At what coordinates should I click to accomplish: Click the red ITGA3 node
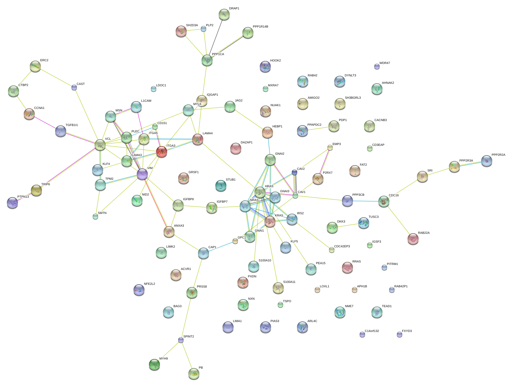tap(162, 152)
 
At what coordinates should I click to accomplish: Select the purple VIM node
tap(142, 174)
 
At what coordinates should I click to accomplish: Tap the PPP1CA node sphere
tap(207, 60)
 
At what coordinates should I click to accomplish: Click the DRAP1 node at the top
tap(224, 14)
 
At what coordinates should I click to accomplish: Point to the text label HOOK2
tap(275, 61)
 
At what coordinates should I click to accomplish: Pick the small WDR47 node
tap(377, 66)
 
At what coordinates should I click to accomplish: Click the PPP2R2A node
tap(487, 161)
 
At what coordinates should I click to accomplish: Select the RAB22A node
tap(413, 239)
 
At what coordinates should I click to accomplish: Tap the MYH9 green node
tap(154, 364)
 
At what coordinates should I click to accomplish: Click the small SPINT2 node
tap(181, 340)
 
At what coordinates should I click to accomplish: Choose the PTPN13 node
tap(12, 203)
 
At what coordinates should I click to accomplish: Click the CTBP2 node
tap(14, 91)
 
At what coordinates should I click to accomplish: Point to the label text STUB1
tap(231, 180)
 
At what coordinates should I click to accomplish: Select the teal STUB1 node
tap(221, 186)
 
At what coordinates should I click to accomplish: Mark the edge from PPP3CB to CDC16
tap(366, 201)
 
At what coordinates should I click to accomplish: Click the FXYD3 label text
tap(407, 331)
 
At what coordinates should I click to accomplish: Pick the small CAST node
tap(74, 87)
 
